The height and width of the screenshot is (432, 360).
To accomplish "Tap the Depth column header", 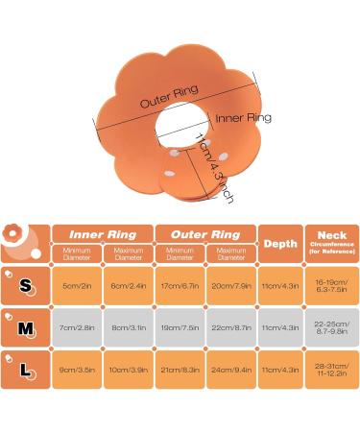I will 280,243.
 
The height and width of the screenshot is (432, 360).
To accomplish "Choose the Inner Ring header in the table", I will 102,233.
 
